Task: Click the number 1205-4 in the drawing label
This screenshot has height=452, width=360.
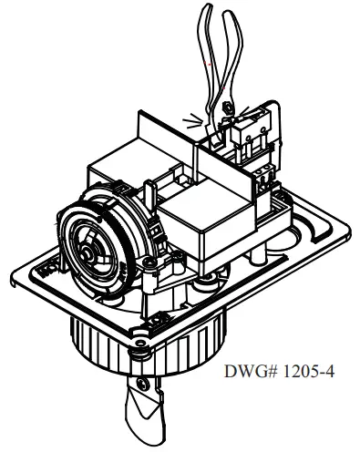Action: [308, 371]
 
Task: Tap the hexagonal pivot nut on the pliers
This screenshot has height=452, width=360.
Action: [227, 108]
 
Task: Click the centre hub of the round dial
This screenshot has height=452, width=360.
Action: [88, 250]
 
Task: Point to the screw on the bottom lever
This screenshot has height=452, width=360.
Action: [142, 384]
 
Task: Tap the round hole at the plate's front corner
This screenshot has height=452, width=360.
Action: [139, 343]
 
